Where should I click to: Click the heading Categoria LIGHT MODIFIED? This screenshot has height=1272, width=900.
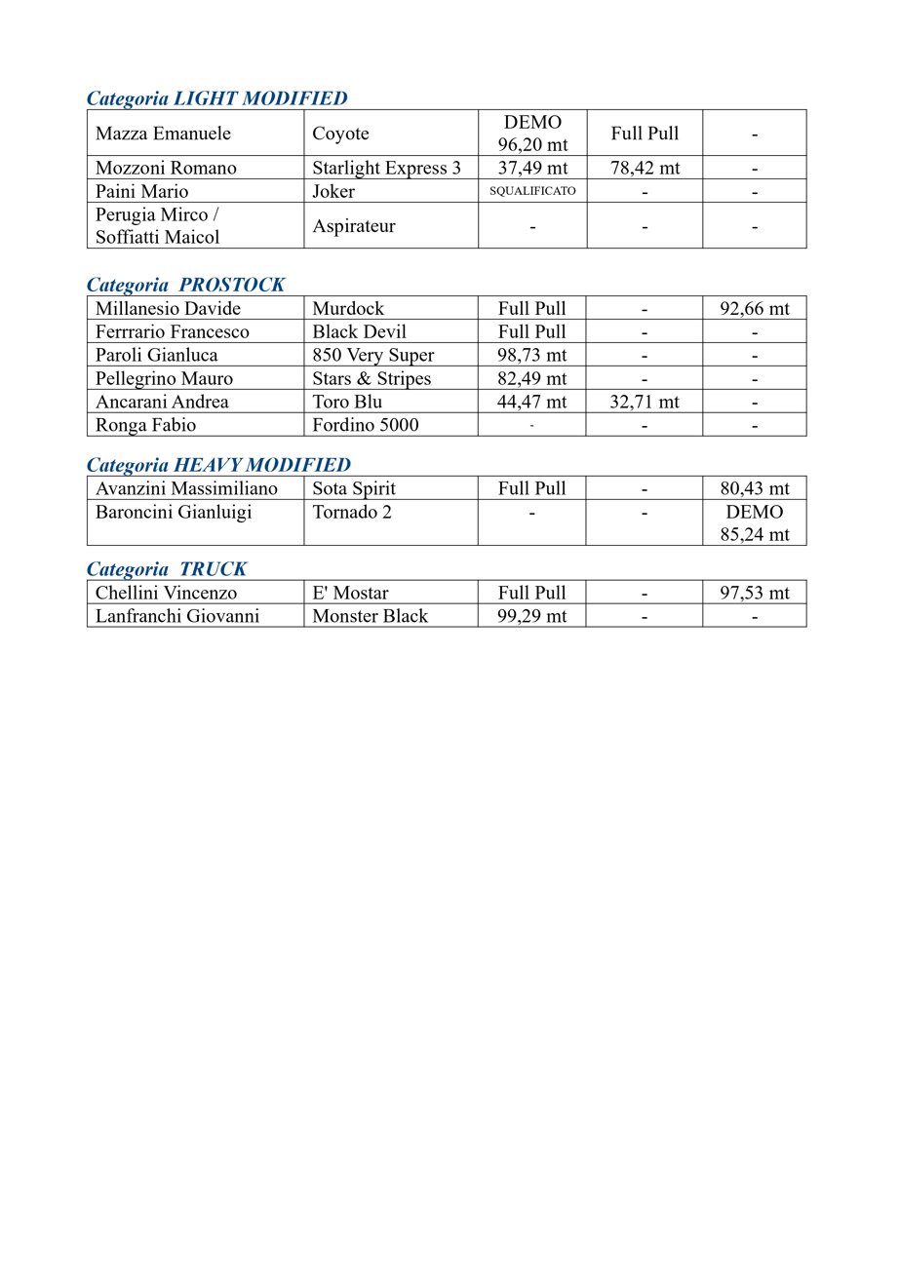pyautogui.click(x=216, y=98)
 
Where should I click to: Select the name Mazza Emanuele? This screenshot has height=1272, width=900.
pyautogui.click(x=163, y=134)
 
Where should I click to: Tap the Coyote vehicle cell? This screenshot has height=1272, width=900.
pyautogui.click(x=340, y=134)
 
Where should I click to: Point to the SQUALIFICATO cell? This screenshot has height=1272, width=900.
pyautogui.click(x=532, y=191)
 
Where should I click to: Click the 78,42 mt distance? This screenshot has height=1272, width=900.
pyautogui.click(x=645, y=168)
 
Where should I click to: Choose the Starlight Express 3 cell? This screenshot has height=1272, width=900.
pyautogui.click(x=386, y=168)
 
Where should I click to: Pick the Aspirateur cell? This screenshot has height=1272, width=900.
pyautogui.click(x=353, y=226)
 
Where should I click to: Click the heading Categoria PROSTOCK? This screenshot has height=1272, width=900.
pyautogui.click(x=186, y=285)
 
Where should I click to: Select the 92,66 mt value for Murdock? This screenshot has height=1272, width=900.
pyautogui.click(x=754, y=309)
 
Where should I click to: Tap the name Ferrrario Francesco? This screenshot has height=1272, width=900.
pyautogui.click(x=172, y=332)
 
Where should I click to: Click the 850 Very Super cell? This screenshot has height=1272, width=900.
pyautogui.click(x=372, y=356)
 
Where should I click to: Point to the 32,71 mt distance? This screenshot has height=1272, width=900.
pyautogui.click(x=645, y=402)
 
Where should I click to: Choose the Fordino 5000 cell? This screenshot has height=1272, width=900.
pyautogui.click(x=365, y=425)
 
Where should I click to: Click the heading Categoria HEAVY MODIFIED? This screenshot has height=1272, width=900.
pyautogui.click(x=218, y=465)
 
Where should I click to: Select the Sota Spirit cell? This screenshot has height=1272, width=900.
pyautogui.click(x=353, y=488)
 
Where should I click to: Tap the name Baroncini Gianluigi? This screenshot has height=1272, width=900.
pyautogui.click(x=174, y=512)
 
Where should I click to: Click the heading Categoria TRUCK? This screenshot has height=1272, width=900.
pyautogui.click(x=167, y=569)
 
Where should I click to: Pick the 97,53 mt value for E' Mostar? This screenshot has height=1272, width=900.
pyautogui.click(x=754, y=593)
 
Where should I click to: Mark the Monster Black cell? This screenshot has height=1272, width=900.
pyautogui.click(x=370, y=616)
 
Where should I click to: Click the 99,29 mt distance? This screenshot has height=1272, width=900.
pyautogui.click(x=531, y=616)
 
